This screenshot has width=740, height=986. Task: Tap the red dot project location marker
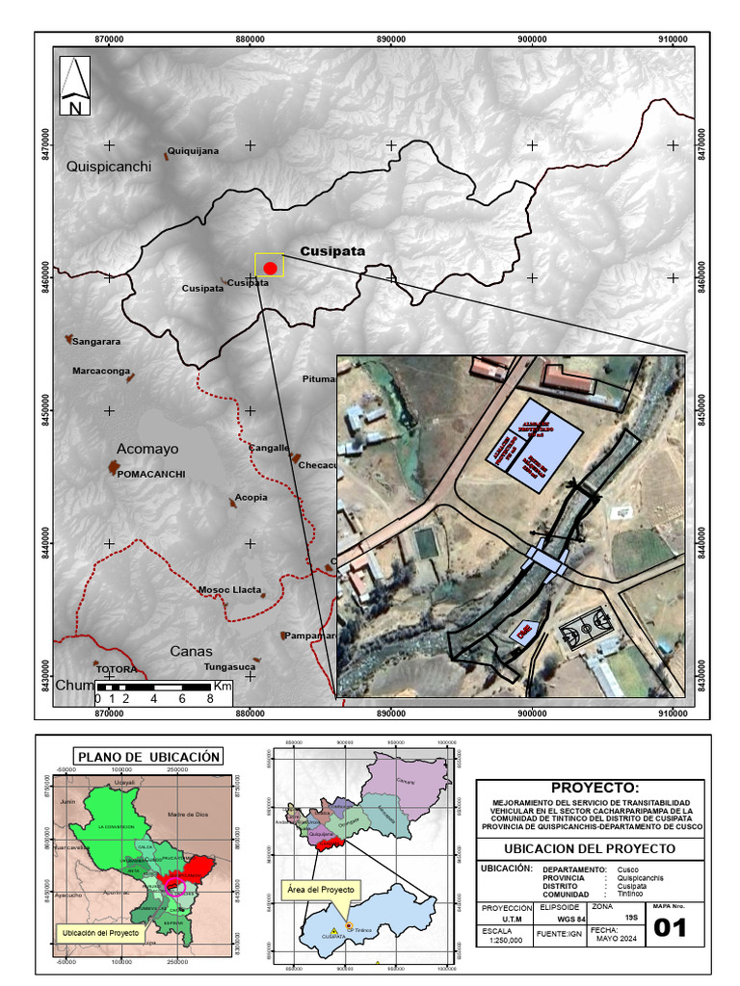tap(271, 268)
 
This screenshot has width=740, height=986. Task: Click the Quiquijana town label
tap(194, 151)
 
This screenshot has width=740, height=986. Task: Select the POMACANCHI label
tap(151, 474)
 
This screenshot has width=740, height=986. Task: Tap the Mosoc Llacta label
tap(230, 590)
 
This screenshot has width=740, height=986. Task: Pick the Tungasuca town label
tap(230, 666)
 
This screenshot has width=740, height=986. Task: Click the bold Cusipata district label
tap(332, 251)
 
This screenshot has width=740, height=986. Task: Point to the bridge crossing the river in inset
tap(546, 558)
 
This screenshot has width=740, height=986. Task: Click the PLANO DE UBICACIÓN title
tap(149, 757)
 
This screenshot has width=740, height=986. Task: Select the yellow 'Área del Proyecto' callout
tap(321, 889)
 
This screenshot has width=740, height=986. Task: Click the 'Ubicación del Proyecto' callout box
tap(100, 933)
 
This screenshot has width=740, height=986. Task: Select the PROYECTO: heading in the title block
tap(594, 788)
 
